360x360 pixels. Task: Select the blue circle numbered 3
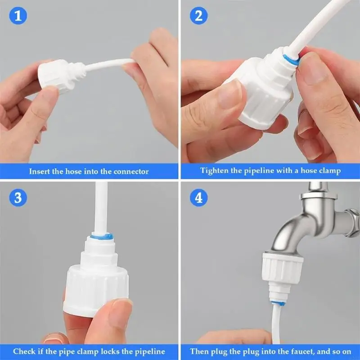tap(18, 198)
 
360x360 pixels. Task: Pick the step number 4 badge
tap(198, 198)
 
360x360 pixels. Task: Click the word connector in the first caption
tap(131, 171)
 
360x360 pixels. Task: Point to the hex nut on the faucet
tap(352, 220)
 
